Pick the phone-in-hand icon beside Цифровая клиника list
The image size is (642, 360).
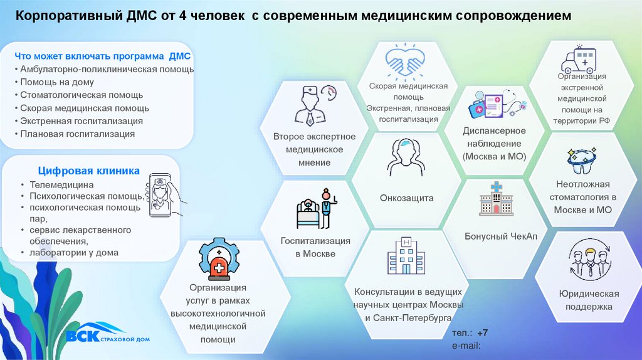(x=165, y=194)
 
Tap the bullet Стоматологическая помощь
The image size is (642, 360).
(x=82, y=95)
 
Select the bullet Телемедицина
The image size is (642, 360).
(x=61, y=185)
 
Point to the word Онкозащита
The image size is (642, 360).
(x=406, y=198)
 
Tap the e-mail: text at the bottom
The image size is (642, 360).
(x=465, y=346)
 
